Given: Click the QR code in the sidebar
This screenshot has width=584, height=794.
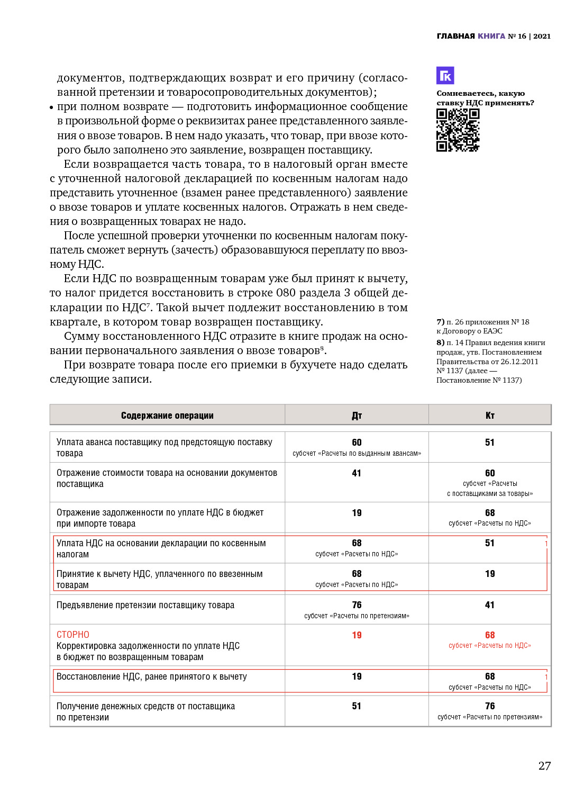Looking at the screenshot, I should pos(458,130).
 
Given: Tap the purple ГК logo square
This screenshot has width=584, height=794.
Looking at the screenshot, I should pos(445,76).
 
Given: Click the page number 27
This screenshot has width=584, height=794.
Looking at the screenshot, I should pos(544,765).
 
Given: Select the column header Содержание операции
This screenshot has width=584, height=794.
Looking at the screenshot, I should pos(167,416).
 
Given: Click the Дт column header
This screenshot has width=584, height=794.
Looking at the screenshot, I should pos(357,416).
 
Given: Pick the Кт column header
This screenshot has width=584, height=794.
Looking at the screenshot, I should pos(490,416).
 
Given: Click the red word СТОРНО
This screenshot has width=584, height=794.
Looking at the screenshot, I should pos(73,635).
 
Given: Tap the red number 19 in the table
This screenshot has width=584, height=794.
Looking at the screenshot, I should pos(357,635).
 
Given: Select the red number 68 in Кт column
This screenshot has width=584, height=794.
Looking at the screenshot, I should pos(490,635).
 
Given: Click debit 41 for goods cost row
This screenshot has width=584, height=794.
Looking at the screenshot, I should pos(357,473).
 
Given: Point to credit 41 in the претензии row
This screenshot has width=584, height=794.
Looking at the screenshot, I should pos(490,605).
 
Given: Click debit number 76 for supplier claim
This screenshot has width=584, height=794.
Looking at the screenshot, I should pos(357,605).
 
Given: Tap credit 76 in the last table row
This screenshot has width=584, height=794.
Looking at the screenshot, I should pos(490,706).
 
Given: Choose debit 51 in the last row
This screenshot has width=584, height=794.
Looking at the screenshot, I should pos(357,706).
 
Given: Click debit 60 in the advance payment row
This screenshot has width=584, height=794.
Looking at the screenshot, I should pos(357,443).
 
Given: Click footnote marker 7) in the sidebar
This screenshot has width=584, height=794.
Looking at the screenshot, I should pos(440,322).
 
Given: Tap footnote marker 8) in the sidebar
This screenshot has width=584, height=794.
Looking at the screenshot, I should pos(440,342).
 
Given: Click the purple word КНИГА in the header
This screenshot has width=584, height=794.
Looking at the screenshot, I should pos(491,36).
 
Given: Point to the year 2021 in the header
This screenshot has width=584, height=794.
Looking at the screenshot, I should pos(542,36).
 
